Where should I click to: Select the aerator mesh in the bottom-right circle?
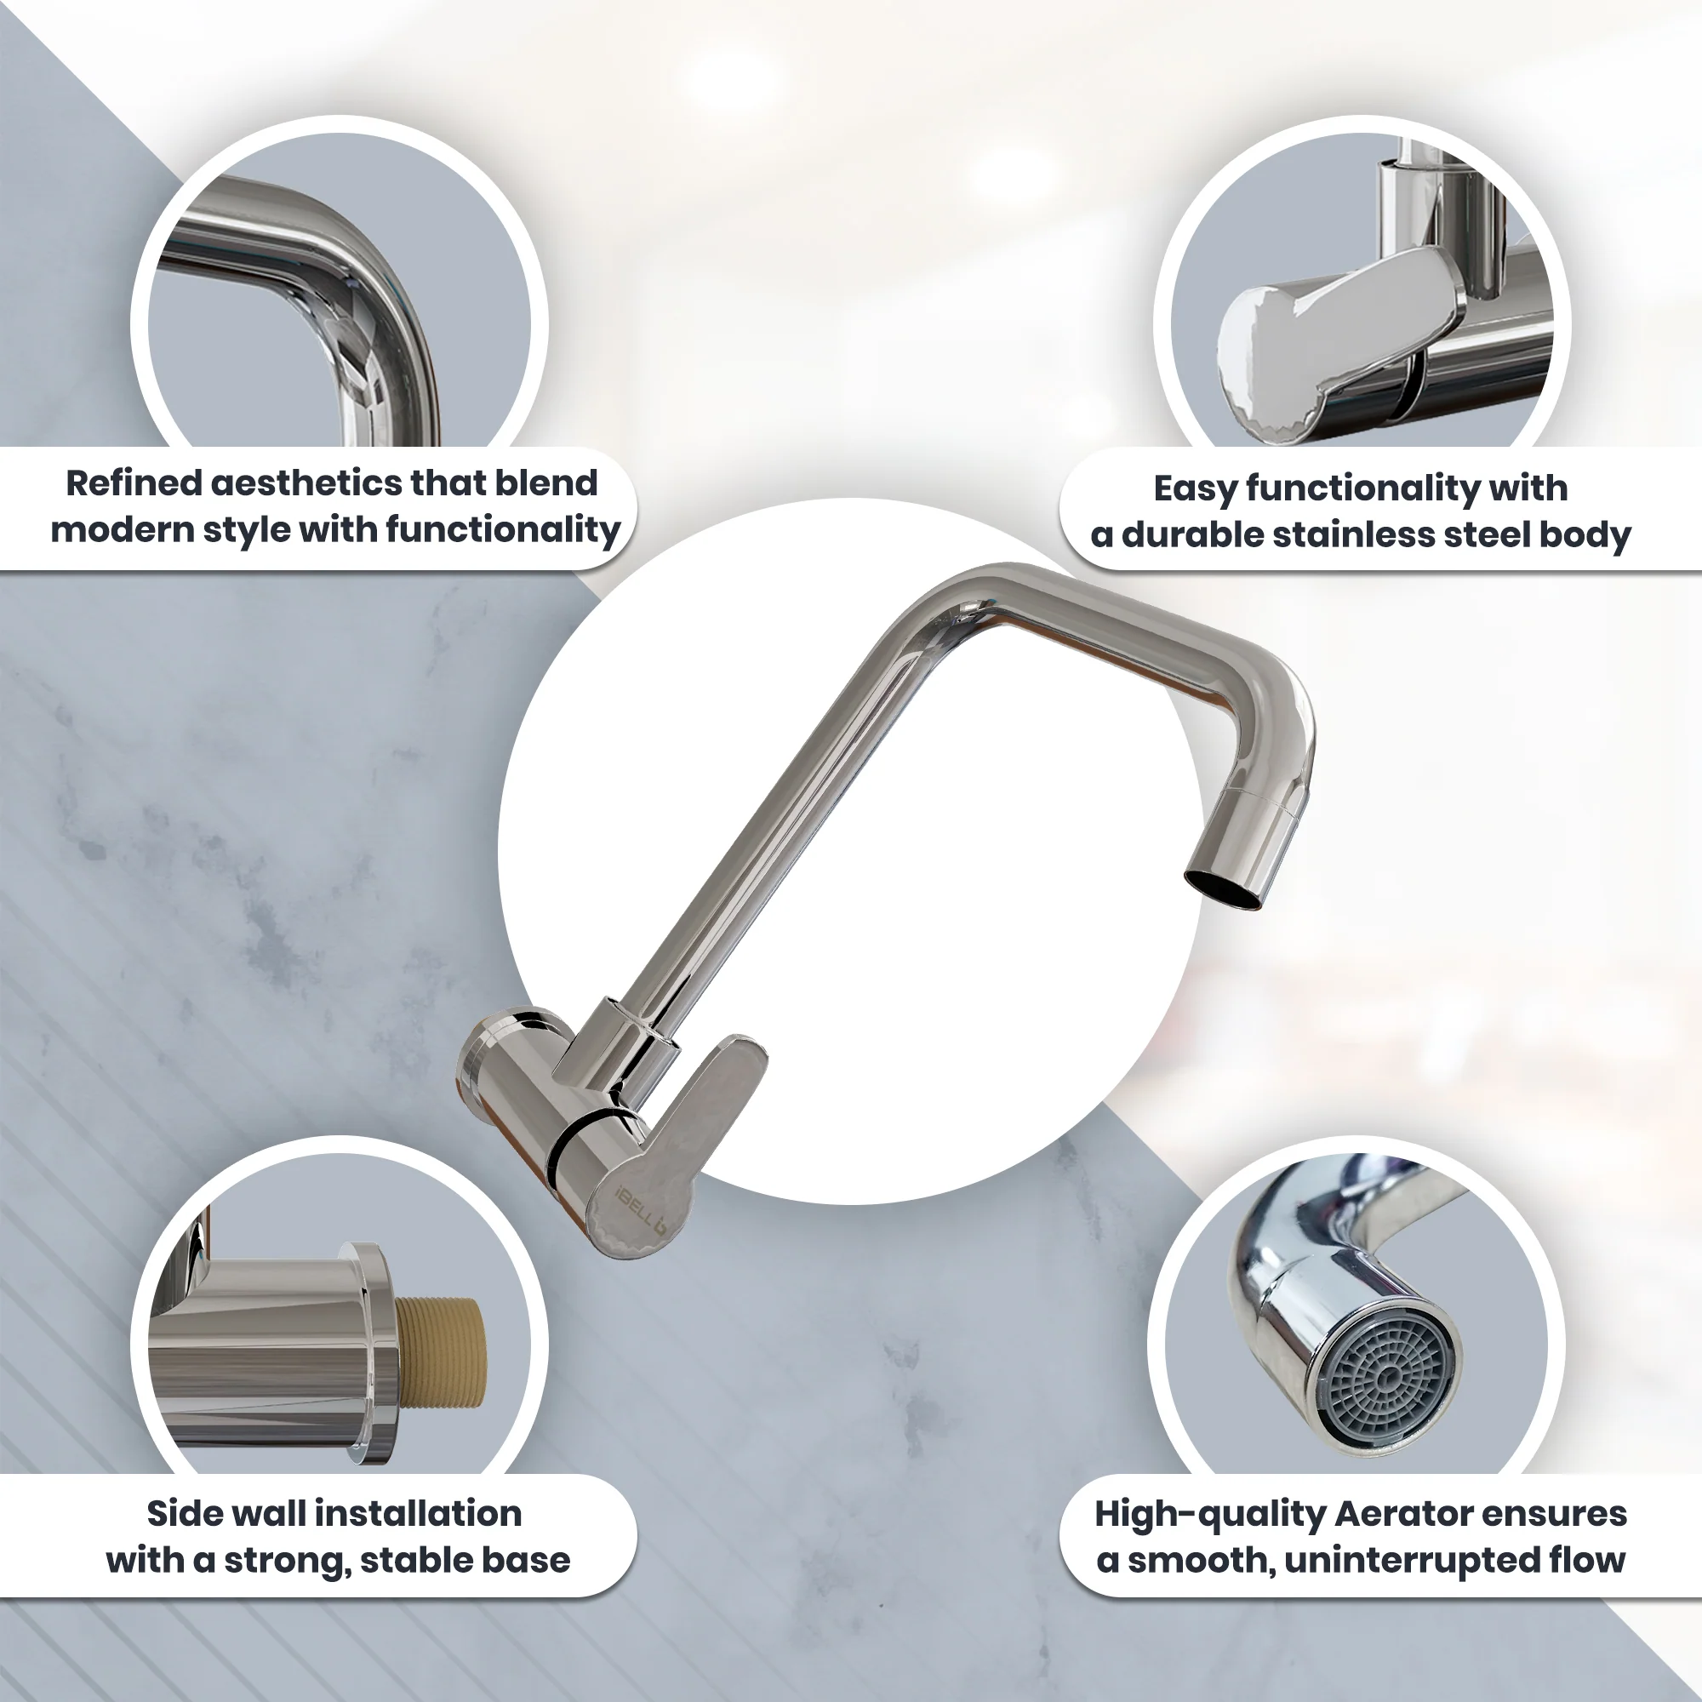(1390, 1378)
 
